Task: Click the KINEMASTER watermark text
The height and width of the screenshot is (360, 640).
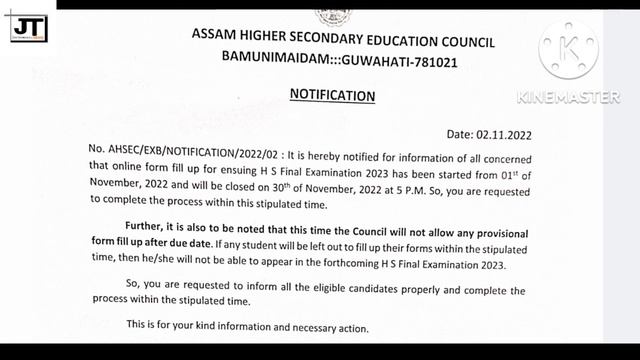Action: tap(568, 97)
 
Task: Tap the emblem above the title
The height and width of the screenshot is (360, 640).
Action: tap(329, 13)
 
